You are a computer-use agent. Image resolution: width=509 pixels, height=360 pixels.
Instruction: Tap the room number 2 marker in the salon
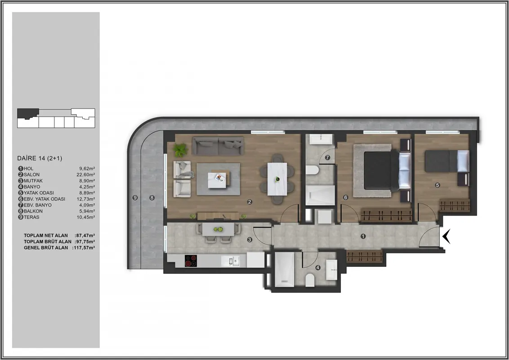point(249,202)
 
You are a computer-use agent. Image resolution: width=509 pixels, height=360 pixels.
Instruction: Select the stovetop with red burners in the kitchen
point(191,261)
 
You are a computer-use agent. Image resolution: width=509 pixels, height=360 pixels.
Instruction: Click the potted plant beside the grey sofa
point(180,150)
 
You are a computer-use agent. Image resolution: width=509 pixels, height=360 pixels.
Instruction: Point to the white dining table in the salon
point(277,179)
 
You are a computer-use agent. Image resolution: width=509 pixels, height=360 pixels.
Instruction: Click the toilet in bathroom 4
point(310,280)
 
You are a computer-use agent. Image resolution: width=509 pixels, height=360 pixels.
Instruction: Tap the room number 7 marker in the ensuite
point(327,157)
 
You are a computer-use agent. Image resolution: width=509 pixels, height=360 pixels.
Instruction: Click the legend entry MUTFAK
point(33,180)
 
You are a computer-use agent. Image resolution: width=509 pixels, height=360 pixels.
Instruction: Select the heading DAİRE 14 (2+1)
point(40,158)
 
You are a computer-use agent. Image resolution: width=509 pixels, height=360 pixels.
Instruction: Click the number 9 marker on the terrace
point(135,198)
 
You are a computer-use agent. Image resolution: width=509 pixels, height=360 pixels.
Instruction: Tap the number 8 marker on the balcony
point(152,198)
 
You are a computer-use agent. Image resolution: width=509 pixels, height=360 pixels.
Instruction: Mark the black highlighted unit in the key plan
point(27,113)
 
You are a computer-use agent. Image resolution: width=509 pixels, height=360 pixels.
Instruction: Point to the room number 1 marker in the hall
point(363,236)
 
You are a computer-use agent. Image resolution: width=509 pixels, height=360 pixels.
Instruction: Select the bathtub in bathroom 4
point(285,270)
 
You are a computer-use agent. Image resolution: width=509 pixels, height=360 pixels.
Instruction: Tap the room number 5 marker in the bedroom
point(437,185)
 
